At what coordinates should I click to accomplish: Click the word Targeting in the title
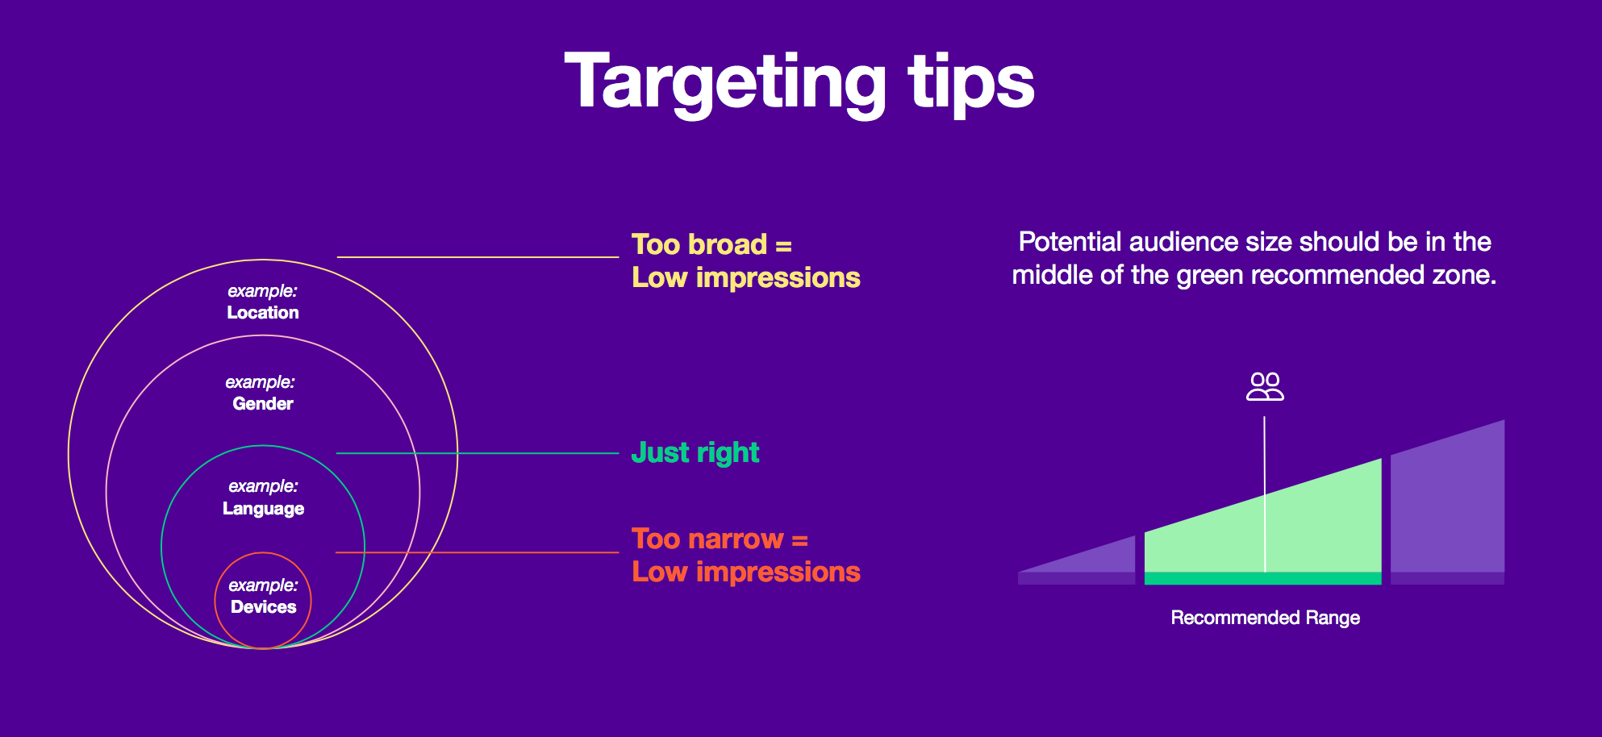coord(725,83)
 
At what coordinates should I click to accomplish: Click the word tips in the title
coord(971,83)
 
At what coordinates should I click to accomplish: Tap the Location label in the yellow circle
coord(263,312)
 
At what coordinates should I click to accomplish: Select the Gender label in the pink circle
coord(263,403)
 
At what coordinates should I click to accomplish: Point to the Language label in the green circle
coord(264,509)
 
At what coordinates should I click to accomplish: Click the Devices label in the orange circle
coord(264,606)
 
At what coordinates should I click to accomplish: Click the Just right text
coord(695,453)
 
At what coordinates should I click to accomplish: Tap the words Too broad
coord(699,244)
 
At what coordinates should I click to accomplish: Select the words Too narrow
coord(707,539)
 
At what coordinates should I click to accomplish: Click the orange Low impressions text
coord(746,572)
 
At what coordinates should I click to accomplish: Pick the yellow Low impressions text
coord(746,277)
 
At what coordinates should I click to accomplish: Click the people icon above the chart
coord(1265,386)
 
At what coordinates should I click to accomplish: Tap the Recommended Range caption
coord(1265,618)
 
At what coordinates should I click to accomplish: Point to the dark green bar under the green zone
coord(1262,578)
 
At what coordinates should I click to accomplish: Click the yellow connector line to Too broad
coord(478,257)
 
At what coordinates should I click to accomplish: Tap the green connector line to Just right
coord(478,453)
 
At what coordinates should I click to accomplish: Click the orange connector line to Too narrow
coord(477,552)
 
